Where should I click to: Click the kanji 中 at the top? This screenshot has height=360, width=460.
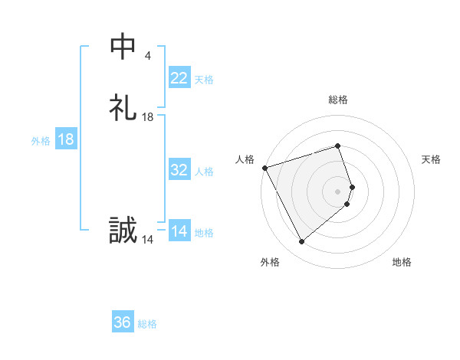(x=123, y=47)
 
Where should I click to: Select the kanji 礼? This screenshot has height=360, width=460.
(x=123, y=108)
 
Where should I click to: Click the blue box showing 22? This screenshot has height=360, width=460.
(x=179, y=78)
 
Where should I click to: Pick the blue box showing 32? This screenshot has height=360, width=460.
(x=179, y=170)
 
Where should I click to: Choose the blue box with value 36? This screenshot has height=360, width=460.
(x=123, y=322)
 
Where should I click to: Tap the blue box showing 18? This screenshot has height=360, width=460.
(x=66, y=139)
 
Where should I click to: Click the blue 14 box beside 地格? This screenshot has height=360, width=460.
(x=179, y=231)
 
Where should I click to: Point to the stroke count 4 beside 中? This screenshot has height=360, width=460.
(x=147, y=56)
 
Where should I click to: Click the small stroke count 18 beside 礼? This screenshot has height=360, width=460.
(x=148, y=117)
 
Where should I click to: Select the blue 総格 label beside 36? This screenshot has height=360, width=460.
(x=147, y=324)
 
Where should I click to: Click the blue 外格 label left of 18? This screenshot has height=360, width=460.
(x=41, y=141)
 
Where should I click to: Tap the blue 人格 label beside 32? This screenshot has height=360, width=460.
(x=204, y=172)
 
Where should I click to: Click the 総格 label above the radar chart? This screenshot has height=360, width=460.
(x=338, y=100)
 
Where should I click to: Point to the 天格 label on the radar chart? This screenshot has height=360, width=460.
(x=432, y=159)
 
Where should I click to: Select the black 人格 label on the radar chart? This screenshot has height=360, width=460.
(x=245, y=159)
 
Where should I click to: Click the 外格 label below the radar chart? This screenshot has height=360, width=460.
(x=270, y=263)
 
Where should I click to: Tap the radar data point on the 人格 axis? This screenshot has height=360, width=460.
(x=264, y=167)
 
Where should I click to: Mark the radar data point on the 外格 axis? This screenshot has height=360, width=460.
(x=301, y=242)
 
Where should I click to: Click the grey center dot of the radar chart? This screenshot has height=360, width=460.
(x=338, y=191)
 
